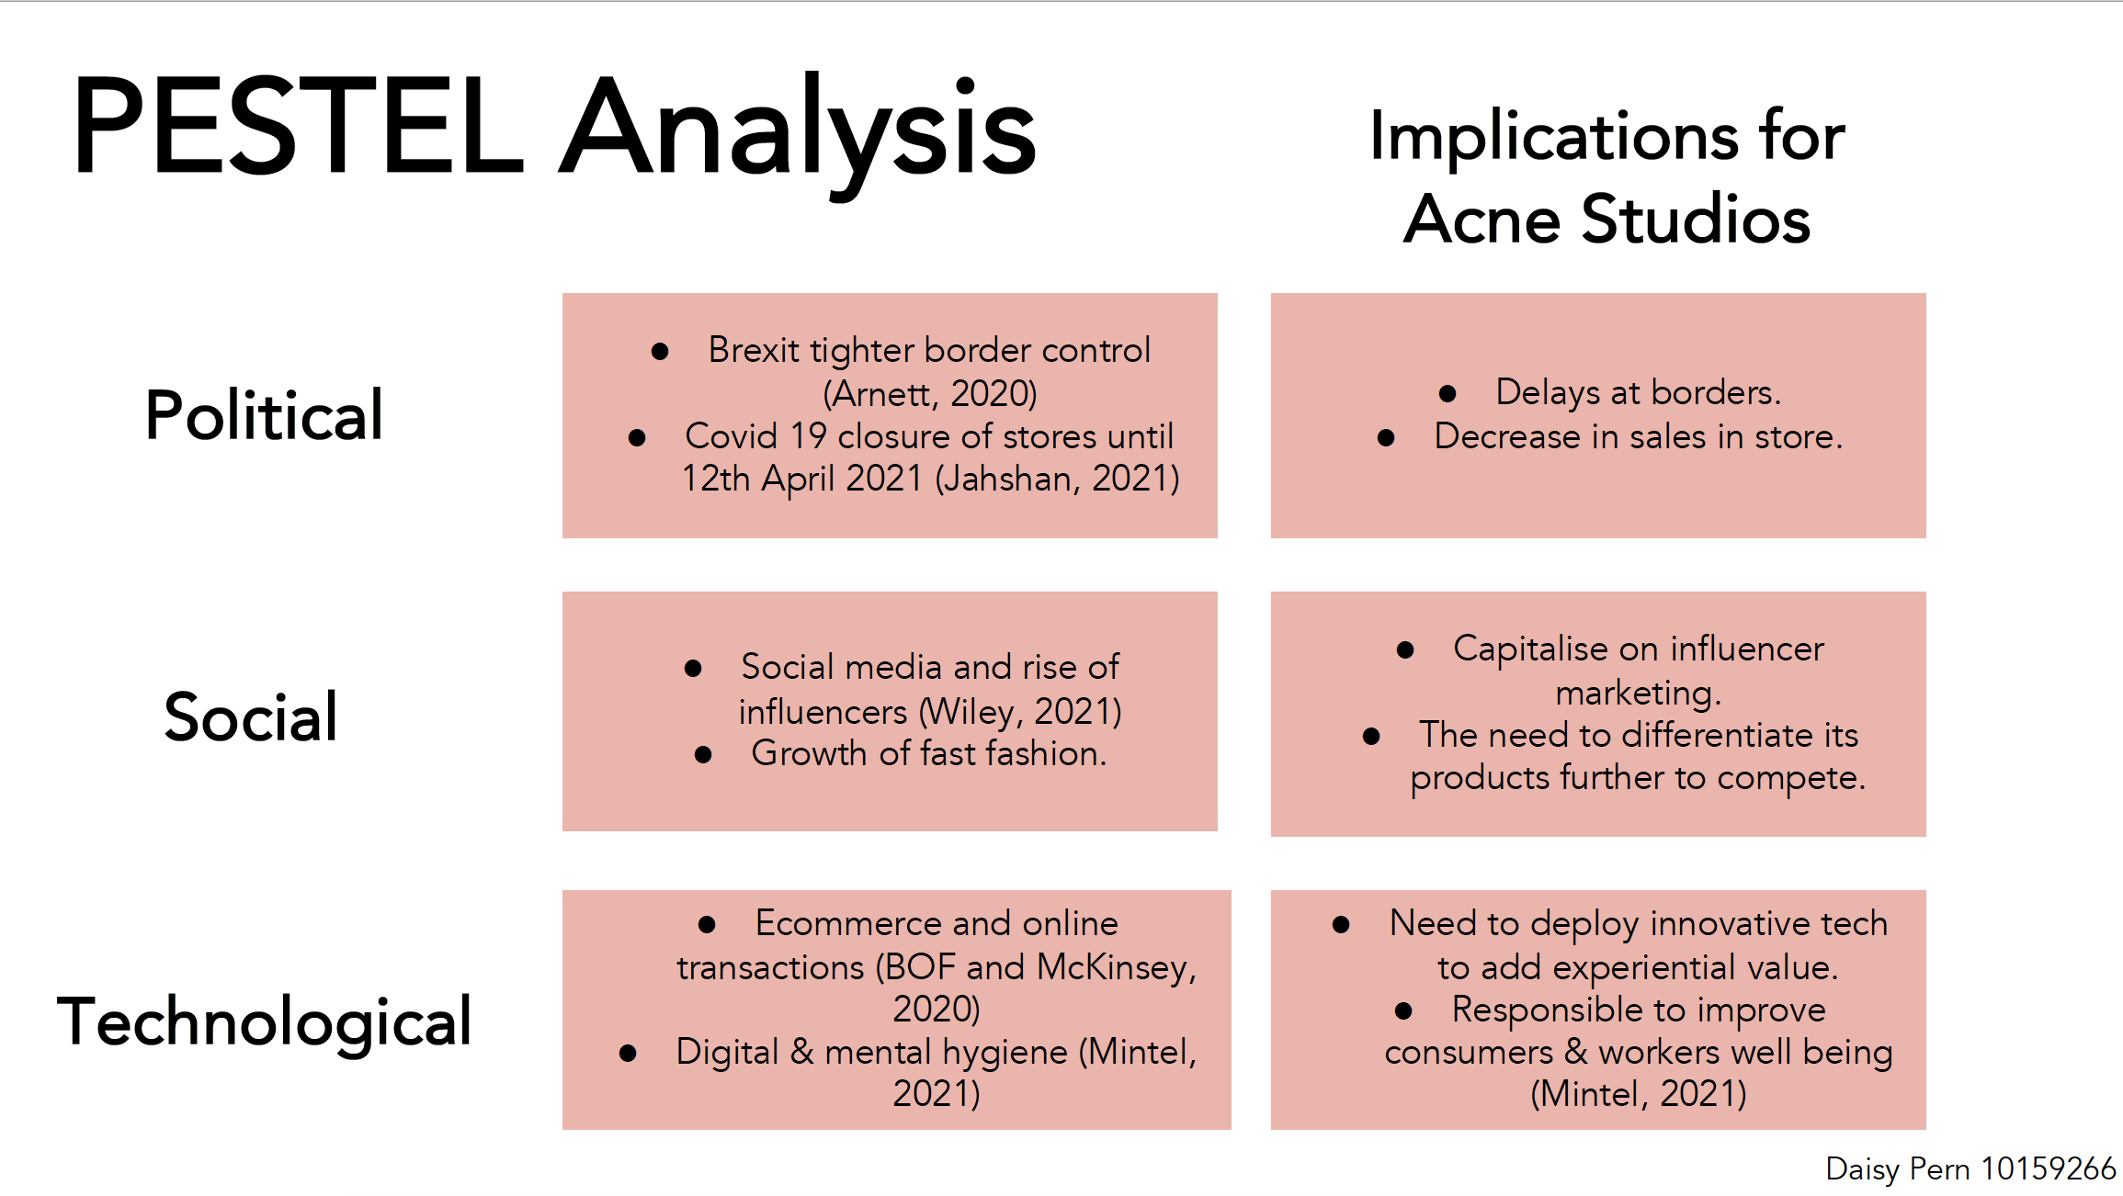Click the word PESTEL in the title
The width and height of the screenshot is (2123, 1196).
[298, 126]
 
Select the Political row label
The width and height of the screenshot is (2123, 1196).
[264, 415]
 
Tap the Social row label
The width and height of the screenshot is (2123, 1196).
[251, 716]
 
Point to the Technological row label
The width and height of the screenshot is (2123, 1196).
[264, 1022]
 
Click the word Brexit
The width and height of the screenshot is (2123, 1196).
[754, 350]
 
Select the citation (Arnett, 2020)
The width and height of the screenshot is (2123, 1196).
[930, 394]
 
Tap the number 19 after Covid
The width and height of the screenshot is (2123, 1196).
[809, 436]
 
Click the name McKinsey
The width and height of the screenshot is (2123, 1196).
[1117, 968]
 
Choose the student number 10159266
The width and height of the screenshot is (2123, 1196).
[2049, 1168]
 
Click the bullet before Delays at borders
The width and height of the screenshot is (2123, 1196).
[1447, 394]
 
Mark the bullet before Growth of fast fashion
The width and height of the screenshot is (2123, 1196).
[703, 755]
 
